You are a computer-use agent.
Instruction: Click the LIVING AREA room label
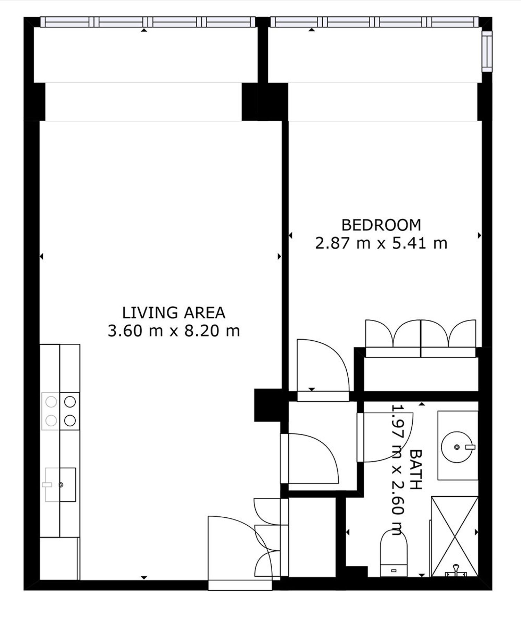(x=174, y=313)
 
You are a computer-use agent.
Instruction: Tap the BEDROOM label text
(x=381, y=225)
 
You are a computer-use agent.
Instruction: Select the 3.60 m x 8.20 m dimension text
(x=174, y=331)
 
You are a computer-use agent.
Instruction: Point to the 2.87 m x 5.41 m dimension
(x=381, y=243)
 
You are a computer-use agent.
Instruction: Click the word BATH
(x=416, y=469)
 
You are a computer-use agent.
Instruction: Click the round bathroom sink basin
(x=457, y=447)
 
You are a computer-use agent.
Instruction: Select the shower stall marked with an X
(x=454, y=536)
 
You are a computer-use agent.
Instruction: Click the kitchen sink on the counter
(x=60, y=484)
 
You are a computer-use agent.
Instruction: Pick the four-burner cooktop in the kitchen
(x=60, y=411)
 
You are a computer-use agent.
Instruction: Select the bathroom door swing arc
(x=385, y=437)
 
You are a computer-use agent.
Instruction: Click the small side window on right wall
(x=487, y=51)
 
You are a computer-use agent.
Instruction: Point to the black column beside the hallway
(x=268, y=405)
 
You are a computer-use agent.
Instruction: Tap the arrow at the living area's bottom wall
(x=144, y=577)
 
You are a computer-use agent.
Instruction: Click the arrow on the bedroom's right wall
(x=480, y=235)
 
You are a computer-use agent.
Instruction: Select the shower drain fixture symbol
(x=455, y=572)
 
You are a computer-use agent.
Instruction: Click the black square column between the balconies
(x=264, y=102)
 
